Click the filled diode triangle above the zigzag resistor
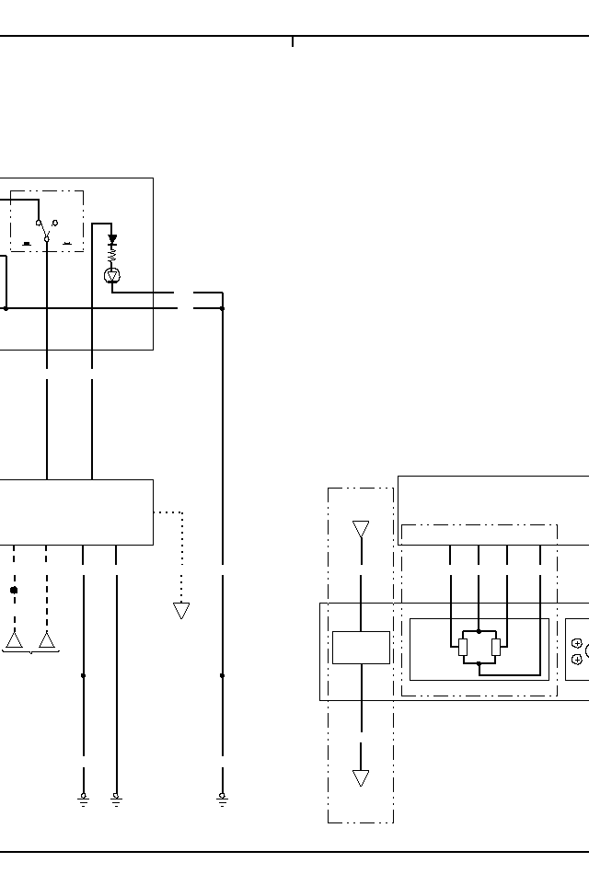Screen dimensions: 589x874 point(112,239)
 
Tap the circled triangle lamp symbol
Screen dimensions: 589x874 point(112,275)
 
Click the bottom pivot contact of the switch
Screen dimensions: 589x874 point(46,238)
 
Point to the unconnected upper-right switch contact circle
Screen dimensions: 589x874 point(55,223)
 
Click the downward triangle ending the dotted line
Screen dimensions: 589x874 point(181,610)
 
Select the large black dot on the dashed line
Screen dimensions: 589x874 point(14,590)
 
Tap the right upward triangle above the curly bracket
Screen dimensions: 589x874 point(46,639)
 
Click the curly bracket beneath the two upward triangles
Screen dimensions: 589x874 point(31,652)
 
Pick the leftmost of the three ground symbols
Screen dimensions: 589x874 point(83,799)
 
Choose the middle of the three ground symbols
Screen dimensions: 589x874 point(116,799)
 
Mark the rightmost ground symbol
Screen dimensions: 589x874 point(222,799)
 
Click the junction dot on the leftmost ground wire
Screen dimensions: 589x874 point(83,675)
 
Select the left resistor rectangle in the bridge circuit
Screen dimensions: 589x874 point(463,647)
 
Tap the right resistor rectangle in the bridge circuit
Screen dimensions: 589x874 point(496,647)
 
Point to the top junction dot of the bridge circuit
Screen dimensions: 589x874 point(479,631)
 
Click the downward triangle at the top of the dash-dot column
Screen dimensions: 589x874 point(361,529)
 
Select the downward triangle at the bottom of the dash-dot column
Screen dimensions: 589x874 point(361,778)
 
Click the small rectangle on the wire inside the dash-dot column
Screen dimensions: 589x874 point(361,647)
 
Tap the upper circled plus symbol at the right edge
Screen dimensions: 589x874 point(577,643)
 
